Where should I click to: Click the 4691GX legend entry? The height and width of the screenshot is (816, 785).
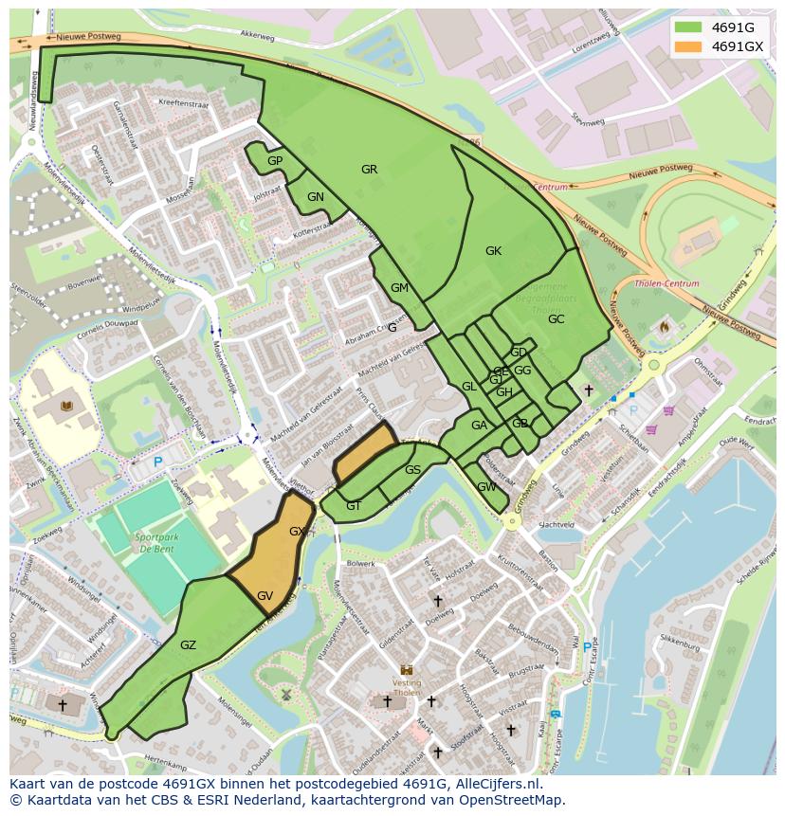[x=737, y=46]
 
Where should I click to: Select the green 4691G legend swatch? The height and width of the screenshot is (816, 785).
[x=689, y=27]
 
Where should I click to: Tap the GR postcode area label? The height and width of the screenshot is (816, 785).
[x=369, y=170]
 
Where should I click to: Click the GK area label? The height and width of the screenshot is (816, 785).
[x=493, y=251]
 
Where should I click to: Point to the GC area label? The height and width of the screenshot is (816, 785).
[x=556, y=319]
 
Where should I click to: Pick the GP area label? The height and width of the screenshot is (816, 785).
[x=275, y=161]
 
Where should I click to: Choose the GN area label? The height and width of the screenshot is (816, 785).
[x=316, y=197]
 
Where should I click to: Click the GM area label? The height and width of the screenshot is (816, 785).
[x=399, y=288]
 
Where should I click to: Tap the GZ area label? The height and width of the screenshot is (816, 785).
[x=188, y=645]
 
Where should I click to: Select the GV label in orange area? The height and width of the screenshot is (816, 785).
[x=265, y=596]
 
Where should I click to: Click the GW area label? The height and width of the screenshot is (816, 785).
[x=486, y=487]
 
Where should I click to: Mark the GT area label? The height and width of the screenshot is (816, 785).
[x=354, y=506]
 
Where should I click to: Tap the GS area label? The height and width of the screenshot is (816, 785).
[x=412, y=470]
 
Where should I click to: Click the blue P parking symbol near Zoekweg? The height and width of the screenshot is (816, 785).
[x=158, y=462]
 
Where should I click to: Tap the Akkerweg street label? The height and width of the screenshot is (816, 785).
[x=257, y=34]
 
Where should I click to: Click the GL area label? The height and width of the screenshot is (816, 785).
[x=468, y=387]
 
